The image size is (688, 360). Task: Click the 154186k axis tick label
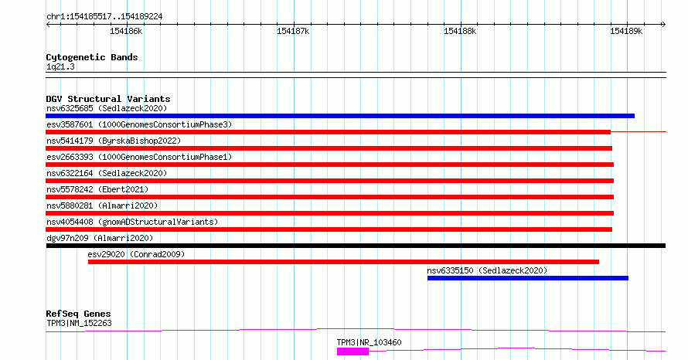point(126,31)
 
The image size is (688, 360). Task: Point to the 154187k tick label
point(293,31)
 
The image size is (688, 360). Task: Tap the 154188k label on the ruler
point(460,31)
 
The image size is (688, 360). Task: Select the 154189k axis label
point(626,31)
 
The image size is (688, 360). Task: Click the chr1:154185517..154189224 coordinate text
point(104,17)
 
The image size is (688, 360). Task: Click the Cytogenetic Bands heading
point(92,57)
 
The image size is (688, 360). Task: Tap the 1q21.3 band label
point(60,67)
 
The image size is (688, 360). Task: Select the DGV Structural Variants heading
point(108,99)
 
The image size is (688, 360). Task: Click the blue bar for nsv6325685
point(340,116)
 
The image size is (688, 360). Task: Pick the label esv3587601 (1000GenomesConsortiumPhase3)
point(139,124)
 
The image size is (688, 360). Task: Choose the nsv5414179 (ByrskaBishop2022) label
point(114,141)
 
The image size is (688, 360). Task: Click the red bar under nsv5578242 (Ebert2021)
point(329,197)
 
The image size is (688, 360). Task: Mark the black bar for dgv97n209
point(356,246)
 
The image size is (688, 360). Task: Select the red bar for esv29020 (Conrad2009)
point(343,262)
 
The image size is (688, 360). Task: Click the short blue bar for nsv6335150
point(528,278)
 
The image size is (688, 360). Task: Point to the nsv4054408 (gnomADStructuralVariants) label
point(132,222)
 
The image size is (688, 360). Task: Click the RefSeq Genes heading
point(78,314)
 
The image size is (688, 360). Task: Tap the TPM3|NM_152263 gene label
point(79,323)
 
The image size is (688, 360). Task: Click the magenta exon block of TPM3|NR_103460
point(353,352)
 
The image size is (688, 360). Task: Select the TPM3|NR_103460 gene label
point(369,342)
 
